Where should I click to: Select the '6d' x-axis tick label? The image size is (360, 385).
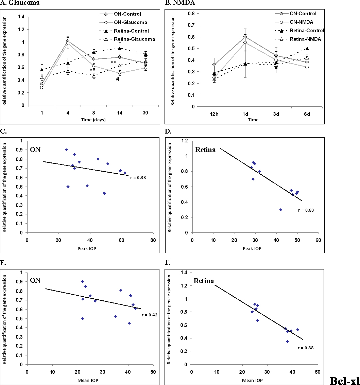point(307,114)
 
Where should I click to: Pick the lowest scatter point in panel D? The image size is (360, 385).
point(281,210)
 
